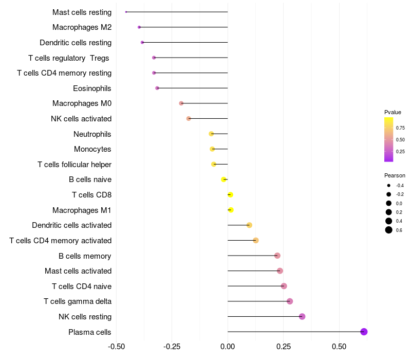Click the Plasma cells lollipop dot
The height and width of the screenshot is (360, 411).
364,332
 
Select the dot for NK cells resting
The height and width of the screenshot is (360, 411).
302,316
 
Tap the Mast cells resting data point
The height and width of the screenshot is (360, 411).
126,12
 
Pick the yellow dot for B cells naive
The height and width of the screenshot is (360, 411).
223,179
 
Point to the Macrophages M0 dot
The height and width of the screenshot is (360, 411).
181,103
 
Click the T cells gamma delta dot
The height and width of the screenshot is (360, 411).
290,301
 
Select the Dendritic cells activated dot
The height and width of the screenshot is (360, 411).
249,225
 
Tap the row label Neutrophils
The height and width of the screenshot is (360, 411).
92,134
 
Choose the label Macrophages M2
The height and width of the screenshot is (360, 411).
82,27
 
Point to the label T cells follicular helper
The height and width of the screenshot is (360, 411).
74,165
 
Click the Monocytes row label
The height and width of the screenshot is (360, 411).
92,149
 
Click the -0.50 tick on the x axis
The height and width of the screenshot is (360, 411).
117,347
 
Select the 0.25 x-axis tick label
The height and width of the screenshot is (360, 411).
283,347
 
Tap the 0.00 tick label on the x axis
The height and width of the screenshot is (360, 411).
228,347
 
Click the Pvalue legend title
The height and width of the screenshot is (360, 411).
393,112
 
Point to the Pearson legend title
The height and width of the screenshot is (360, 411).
395,175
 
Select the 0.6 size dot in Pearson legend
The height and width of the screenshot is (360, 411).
389,230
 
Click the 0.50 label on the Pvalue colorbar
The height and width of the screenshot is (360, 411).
400,140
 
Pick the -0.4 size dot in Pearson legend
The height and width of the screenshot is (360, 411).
389,186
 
